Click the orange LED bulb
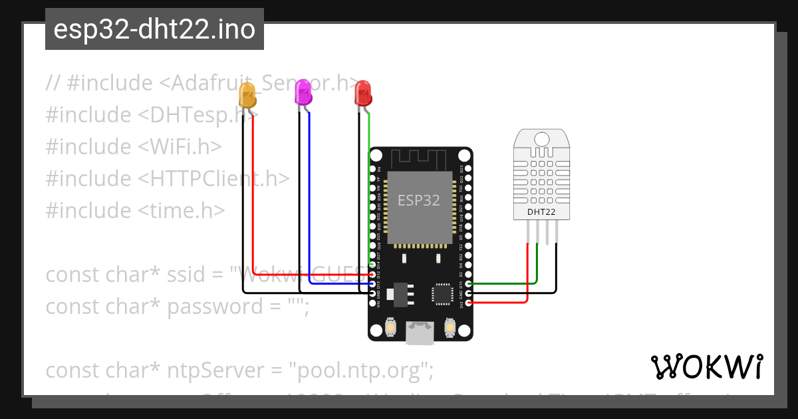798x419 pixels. pyautogui.click(x=247, y=94)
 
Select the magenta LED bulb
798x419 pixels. pyautogui.click(x=303, y=92)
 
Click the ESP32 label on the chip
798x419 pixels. pyautogui.click(x=419, y=200)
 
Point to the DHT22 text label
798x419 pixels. pyautogui.click(x=541, y=213)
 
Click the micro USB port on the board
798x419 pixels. pyautogui.click(x=420, y=333)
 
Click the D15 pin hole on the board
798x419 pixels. pyautogui.click(x=469, y=284)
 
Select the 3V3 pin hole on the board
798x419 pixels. pyautogui.click(x=469, y=303)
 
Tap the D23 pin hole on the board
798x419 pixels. pyautogui.click(x=469, y=169)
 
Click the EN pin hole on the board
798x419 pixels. pyautogui.click(x=372, y=169)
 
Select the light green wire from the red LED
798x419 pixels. pyautogui.click(x=369, y=186)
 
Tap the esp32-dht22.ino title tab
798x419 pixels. pyautogui.click(x=154, y=29)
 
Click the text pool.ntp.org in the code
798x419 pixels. pyautogui.click(x=357, y=370)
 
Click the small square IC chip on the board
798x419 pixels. pyautogui.click(x=442, y=293)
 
